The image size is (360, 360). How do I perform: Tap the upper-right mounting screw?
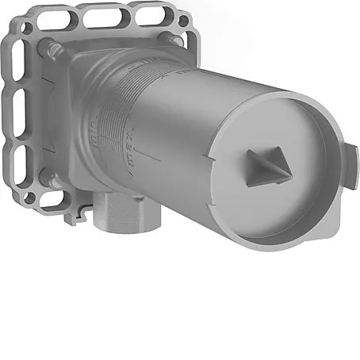(x=168, y=35)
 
